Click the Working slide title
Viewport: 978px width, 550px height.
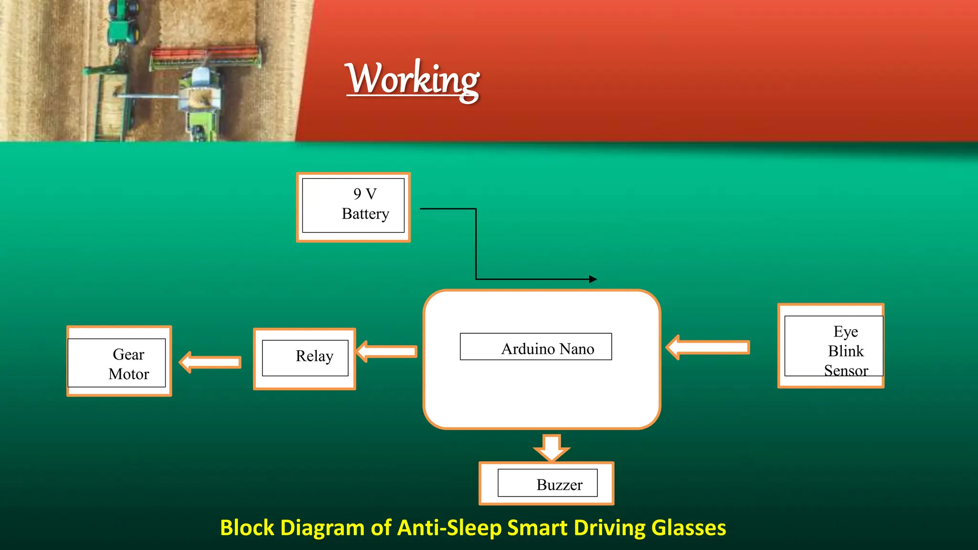[413, 79]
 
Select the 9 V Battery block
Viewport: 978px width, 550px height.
[353, 207]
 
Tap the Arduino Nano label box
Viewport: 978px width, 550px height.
[536, 347]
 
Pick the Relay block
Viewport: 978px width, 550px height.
[305, 359]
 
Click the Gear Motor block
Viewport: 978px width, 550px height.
[119, 361]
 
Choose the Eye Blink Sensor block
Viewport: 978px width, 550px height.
[831, 346]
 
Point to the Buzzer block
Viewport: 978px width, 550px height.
[546, 483]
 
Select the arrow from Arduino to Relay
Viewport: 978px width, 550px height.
[387, 352]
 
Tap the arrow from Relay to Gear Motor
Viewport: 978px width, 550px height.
[210, 362]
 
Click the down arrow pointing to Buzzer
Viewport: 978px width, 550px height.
[552, 447]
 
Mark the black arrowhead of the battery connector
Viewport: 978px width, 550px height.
[593, 279]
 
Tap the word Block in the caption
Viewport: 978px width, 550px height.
[247, 528]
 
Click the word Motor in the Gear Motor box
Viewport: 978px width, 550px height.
[128, 374]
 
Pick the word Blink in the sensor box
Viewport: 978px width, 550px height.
[846, 351]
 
